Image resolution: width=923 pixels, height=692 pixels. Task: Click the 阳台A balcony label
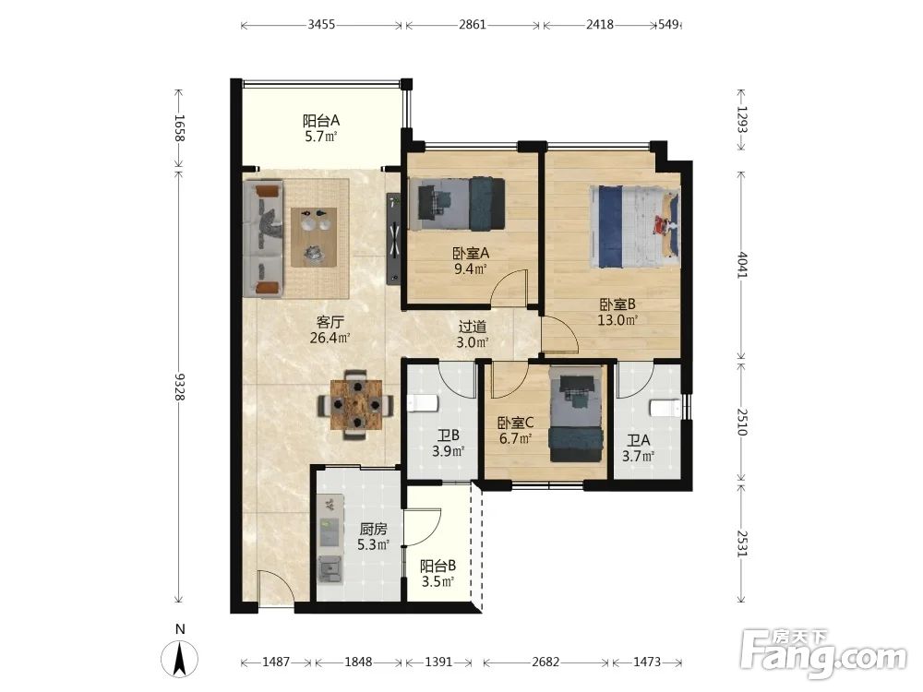(x=321, y=128)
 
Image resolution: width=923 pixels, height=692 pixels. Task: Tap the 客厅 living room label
(x=330, y=329)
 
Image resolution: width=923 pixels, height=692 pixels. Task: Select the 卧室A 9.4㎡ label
(x=471, y=261)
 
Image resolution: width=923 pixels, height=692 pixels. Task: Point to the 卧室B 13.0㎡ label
(x=617, y=312)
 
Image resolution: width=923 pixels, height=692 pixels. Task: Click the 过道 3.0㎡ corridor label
(x=472, y=334)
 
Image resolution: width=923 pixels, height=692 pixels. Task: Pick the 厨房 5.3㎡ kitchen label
(x=373, y=536)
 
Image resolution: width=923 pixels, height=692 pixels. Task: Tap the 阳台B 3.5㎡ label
(x=438, y=574)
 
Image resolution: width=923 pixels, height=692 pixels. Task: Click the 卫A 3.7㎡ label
(x=638, y=447)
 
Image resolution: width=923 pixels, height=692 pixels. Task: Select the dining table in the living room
(x=356, y=405)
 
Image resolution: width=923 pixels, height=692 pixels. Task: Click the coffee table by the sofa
(x=314, y=236)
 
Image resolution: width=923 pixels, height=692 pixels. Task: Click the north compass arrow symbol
(x=180, y=659)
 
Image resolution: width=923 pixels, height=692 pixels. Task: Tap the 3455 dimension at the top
(x=321, y=25)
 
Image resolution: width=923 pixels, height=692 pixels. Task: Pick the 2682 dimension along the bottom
(x=545, y=662)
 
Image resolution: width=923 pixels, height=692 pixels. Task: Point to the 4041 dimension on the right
(x=742, y=266)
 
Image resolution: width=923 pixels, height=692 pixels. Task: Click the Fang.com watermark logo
(x=823, y=654)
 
